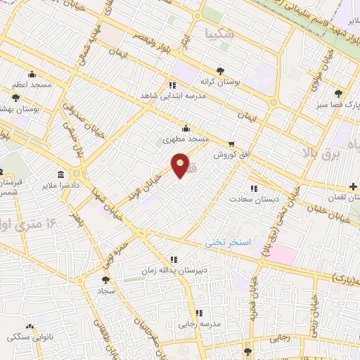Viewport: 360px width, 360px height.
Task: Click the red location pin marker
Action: (181, 165)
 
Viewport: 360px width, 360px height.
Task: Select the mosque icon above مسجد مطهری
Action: (185, 129)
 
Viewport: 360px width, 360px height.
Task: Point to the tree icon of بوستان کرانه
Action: (221, 70)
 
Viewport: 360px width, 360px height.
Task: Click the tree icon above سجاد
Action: (105, 279)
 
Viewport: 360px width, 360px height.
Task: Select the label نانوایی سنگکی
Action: (30, 337)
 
